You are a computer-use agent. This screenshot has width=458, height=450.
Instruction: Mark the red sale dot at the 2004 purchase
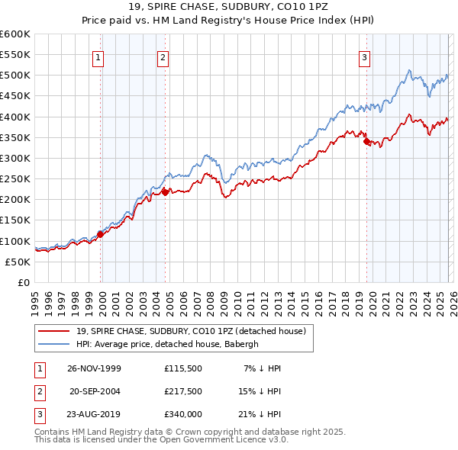(165, 192)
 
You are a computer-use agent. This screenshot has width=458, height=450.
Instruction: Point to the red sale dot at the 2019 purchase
(366, 142)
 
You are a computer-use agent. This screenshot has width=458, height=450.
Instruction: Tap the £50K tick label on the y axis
(18, 262)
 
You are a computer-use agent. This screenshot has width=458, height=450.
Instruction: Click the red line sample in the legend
(54, 330)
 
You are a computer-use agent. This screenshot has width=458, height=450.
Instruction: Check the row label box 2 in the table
(39, 391)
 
